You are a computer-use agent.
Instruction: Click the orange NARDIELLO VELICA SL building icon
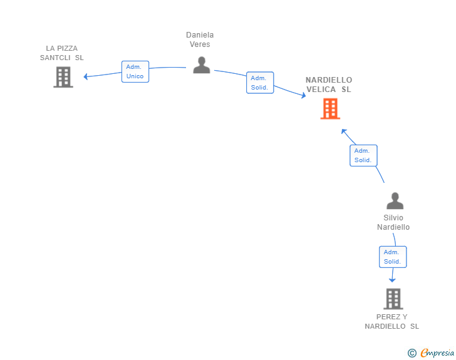point(330,109)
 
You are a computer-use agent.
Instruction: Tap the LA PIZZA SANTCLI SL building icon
point(63,77)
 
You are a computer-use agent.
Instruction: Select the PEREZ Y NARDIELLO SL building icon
point(393,299)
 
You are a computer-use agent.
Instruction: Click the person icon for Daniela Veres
point(202,65)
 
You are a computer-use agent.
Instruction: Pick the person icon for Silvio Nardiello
point(395,200)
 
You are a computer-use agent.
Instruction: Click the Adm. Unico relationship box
point(135,71)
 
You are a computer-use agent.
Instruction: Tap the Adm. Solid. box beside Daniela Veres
point(260,83)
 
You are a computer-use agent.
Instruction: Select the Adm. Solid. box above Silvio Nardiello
point(363,155)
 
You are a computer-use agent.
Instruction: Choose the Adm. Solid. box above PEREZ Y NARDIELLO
point(393,257)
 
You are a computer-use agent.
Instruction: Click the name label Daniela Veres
point(200,39)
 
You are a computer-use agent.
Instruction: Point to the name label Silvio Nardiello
point(393,222)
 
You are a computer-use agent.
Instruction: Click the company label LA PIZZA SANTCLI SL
point(61,53)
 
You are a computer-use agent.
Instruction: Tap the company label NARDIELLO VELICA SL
point(329,85)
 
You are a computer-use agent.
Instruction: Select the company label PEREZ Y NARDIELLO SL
point(391,322)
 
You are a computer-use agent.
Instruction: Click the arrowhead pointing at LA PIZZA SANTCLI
point(85,76)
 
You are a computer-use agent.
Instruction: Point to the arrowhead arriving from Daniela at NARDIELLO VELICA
point(304,95)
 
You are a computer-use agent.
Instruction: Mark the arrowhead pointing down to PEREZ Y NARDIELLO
point(392,280)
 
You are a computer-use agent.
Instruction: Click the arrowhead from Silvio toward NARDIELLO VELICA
point(344,131)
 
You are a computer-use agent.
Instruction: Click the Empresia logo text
point(437,352)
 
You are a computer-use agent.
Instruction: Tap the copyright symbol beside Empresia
point(412,353)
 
